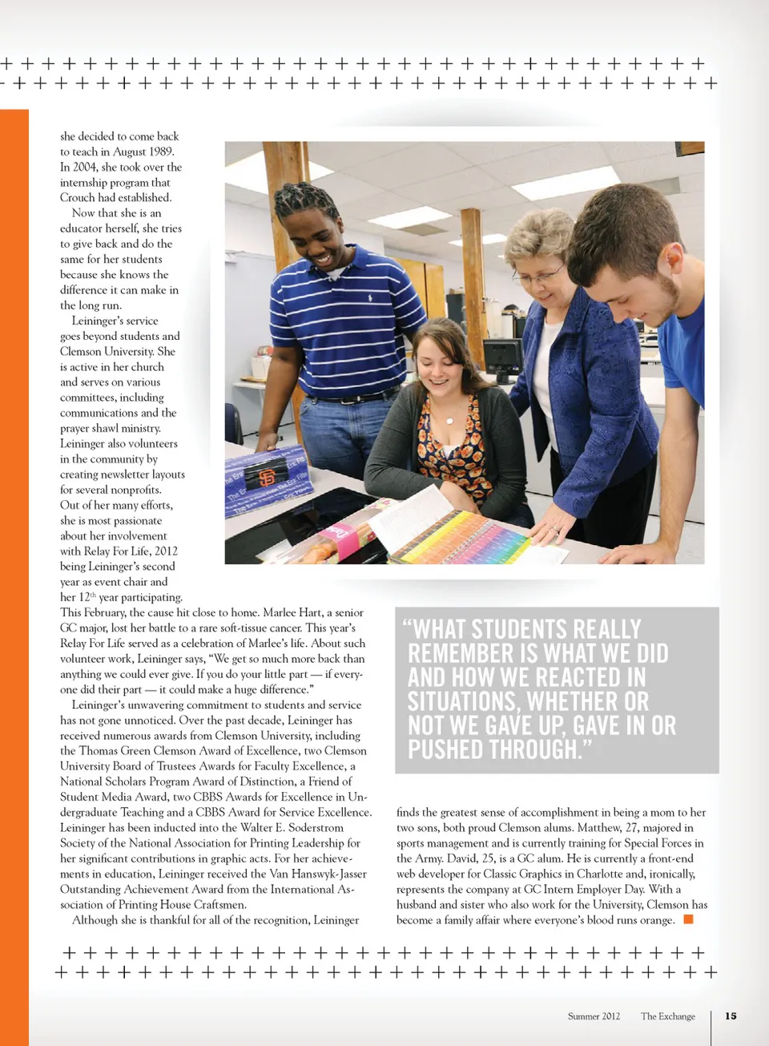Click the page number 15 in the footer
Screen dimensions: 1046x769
click(x=731, y=1016)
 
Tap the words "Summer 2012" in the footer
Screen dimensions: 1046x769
click(x=594, y=1016)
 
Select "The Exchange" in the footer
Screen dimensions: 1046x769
click(x=668, y=1016)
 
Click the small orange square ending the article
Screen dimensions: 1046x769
click(x=688, y=919)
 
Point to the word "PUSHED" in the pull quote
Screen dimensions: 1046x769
click(x=445, y=749)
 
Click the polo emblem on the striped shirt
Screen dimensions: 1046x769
click(x=370, y=298)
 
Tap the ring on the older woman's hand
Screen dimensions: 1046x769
click(x=556, y=529)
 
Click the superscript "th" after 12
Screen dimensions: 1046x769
click(x=93, y=595)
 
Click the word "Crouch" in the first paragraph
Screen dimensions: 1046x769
click(x=78, y=197)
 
